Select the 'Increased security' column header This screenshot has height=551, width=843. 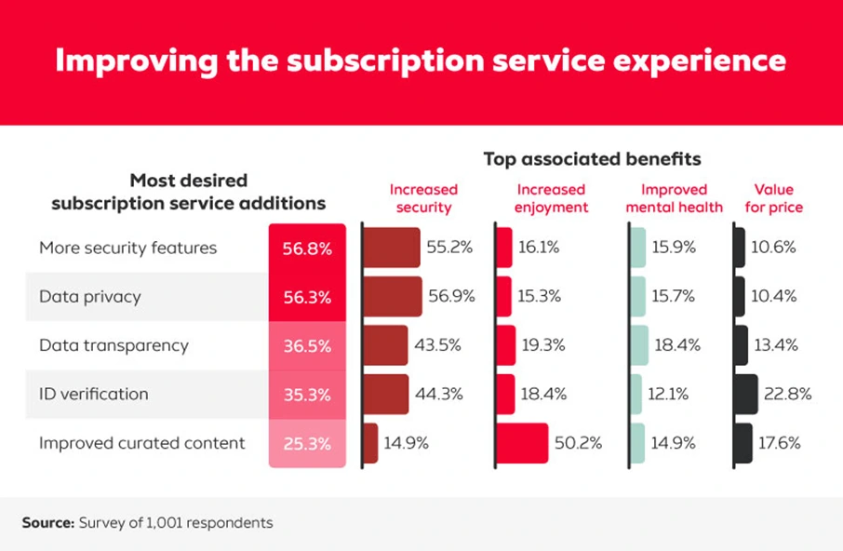pyautogui.click(x=423, y=198)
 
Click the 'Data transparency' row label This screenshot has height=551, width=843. pyautogui.click(x=114, y=345)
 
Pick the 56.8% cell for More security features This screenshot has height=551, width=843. pyautogui.click(x=307, y=249)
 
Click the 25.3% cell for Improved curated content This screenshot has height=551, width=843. pyautogui.click(x=307, y=443)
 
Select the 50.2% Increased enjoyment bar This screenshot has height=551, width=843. pyautogui.click(x=522, y=443)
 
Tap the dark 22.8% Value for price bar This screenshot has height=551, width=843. pyautogui.click(x=745, y=394)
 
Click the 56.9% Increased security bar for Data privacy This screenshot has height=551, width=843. pyautogui.click(x=392, y=297)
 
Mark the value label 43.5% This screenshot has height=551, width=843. pyautogui.click(x=437, y=345)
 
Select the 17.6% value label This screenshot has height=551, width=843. pyautogui.click(x=781, y=443)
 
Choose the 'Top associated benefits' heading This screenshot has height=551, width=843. pyautogui.click(x=592, y=159)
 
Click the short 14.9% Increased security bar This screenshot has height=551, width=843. pyautogui.click(x=369, y=443)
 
